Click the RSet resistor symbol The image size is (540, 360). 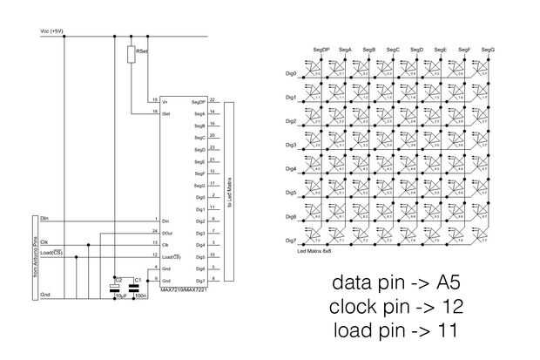[131, 55]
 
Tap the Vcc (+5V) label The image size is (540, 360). [53, 31]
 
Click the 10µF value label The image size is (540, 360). [120, 296]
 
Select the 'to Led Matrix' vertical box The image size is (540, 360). [229, 191]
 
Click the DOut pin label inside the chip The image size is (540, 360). [166, 232]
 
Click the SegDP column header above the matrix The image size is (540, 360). [321, 50]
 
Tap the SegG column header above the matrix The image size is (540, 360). [488, 50]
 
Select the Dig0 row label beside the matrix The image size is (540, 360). [291, 74]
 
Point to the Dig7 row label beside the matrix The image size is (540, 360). [291, 240]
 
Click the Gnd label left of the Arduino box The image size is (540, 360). [46, 295]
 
